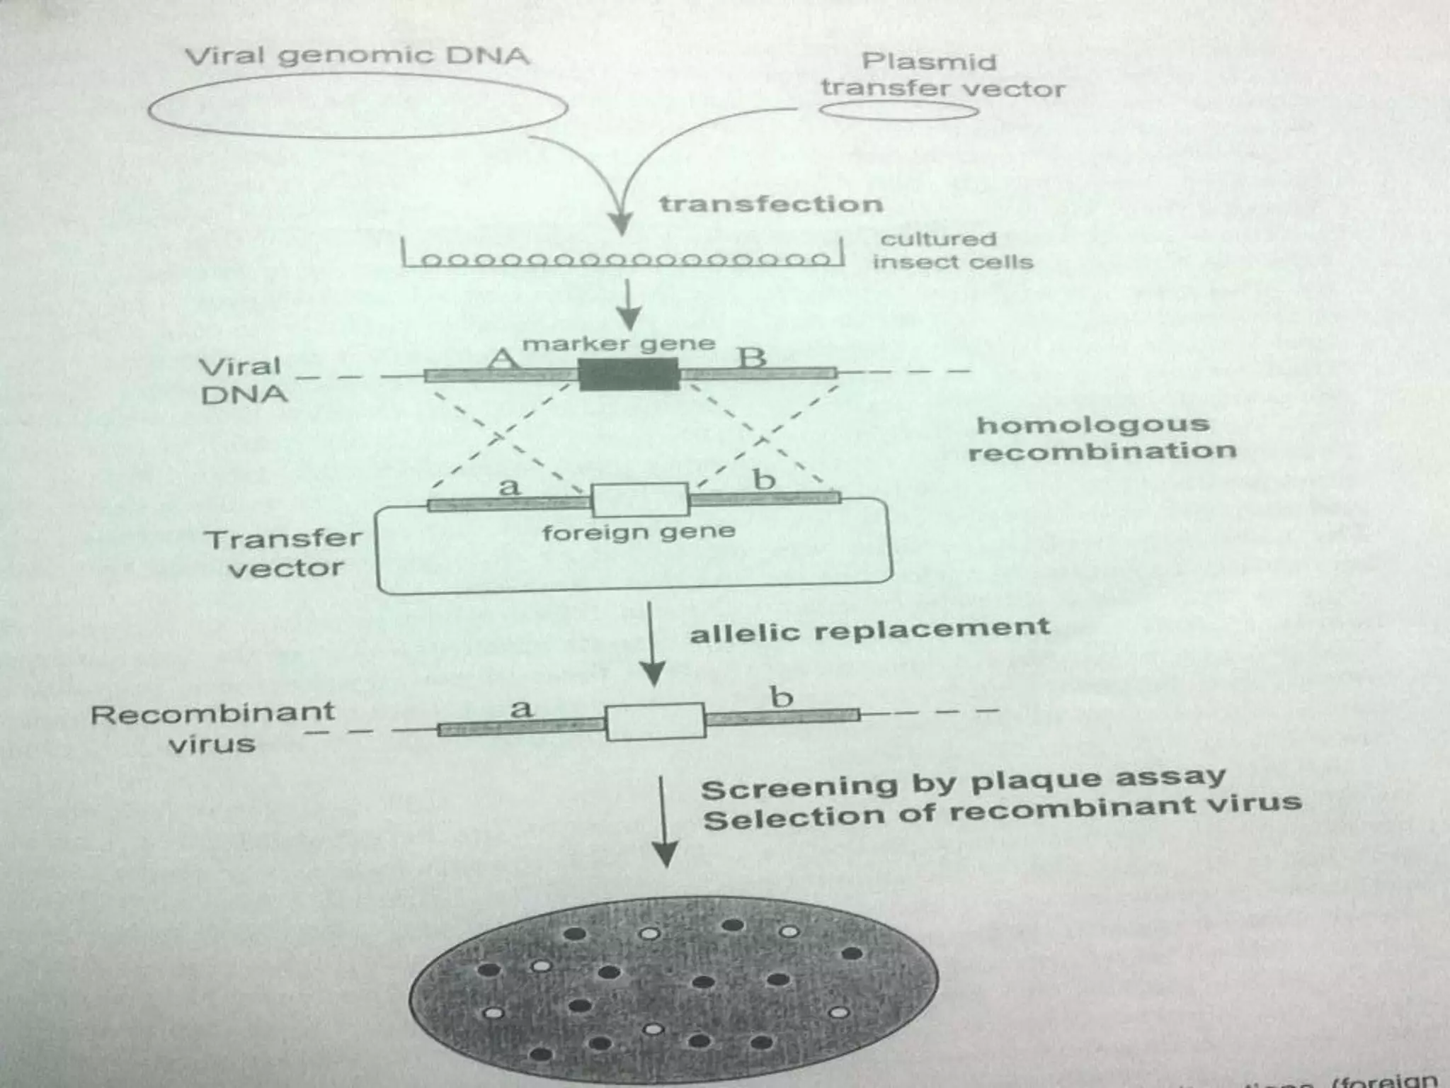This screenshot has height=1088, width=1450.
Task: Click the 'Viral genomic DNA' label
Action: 358,56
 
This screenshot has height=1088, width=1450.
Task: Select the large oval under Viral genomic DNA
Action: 358,107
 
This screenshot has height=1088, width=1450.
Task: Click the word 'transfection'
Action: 771,205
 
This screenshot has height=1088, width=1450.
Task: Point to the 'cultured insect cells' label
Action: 952,251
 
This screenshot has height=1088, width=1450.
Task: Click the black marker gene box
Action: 629,374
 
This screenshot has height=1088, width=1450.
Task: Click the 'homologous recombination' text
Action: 1101,438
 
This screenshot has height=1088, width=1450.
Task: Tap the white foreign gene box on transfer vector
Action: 640,500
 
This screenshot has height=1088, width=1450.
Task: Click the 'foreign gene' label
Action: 639,532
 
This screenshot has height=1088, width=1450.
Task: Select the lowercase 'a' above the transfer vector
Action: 510,487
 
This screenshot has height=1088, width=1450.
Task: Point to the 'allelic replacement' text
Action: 869,630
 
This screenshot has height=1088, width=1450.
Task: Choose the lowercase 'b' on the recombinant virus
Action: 782,698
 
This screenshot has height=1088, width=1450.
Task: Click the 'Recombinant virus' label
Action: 212,727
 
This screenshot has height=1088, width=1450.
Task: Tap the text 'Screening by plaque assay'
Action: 963,783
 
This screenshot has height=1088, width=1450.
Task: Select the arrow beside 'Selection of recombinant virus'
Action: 663,822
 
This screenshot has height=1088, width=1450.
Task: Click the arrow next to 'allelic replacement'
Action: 652,645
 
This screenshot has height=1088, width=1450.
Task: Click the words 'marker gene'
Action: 619,344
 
